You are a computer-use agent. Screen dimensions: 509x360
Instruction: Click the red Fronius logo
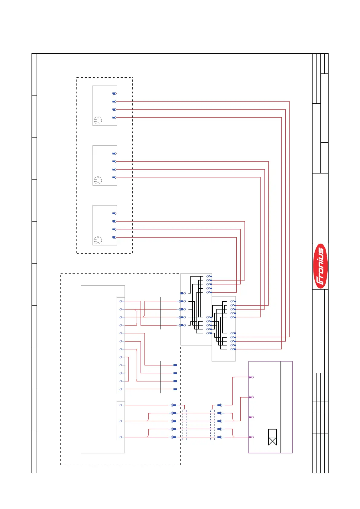(320, 266)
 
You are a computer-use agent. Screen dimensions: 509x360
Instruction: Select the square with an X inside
(272, 441)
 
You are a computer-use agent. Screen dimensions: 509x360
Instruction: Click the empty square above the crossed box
(272, 433)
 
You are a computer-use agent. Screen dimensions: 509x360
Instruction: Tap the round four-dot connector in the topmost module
(98, 121)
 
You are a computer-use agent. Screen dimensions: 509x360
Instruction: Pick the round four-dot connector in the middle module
(98, 180)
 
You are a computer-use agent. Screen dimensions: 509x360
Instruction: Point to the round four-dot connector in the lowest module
(98, 240)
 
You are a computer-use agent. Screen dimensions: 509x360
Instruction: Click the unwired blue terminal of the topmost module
(114, 94)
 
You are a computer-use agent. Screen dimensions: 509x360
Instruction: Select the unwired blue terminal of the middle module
(114, 154)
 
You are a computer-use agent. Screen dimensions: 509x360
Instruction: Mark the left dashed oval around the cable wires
(185, 425)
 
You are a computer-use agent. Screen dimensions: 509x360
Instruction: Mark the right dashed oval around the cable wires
(212, 425)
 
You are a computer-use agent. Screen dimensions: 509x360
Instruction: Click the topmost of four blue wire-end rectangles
(175, 365)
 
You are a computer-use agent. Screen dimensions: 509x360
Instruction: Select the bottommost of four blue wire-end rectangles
(175, 389)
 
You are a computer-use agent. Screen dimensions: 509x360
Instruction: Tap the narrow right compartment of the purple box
(286, 407)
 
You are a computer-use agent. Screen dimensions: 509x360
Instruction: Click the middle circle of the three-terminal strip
(121, 421)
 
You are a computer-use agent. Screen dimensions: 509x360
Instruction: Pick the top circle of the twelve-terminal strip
(121, 301)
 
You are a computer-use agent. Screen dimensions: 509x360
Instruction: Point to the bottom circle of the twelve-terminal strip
(121, 389)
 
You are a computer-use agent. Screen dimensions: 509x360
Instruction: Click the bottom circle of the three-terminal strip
(121, 437)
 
